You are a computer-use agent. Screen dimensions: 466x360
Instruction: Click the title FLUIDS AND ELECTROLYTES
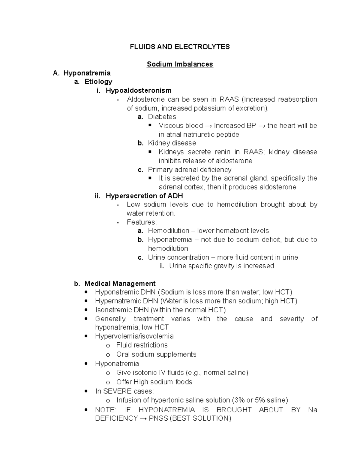point(180,47)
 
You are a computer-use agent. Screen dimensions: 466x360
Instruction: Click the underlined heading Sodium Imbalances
point(180,64)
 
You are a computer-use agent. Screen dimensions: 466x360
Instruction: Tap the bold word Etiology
point(98,82)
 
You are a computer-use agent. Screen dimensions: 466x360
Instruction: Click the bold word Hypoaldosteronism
point(139,90)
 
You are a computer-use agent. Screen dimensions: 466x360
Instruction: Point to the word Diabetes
point(162,117)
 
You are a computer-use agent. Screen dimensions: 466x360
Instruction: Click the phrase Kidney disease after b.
point(172,143)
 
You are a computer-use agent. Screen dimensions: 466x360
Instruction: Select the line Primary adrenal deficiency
point(190,170)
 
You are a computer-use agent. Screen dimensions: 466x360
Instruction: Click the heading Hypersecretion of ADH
point(144,196)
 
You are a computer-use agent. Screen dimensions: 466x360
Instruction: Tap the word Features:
point(142,222)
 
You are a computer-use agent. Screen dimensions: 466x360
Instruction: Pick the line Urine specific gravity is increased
point(221,266)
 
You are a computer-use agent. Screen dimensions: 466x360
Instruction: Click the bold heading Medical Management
point(120,284)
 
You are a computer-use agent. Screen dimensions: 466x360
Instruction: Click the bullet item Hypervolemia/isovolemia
point(134,336)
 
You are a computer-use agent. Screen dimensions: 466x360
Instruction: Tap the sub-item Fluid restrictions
point(142,345)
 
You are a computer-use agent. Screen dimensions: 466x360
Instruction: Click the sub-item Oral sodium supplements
point(156,354)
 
